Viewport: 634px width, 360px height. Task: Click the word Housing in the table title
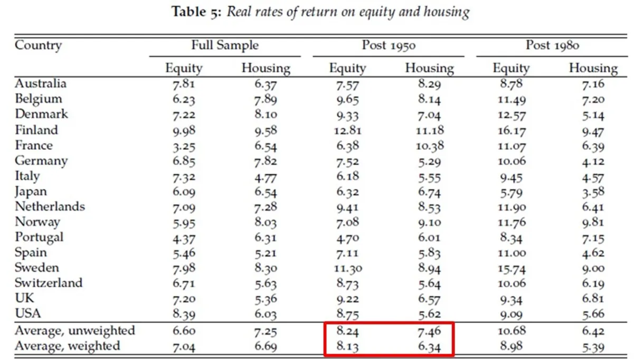tap(447, 12)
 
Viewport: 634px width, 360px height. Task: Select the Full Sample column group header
tap(225, 45)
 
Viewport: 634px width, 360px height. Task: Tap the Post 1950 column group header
tap(389, 45)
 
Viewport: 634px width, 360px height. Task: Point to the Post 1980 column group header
tap(553, 45)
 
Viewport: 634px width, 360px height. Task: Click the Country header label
tap(38, 45)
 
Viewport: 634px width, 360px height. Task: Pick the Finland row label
tap(36, 130)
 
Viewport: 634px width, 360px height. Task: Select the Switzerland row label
tap(49, 283)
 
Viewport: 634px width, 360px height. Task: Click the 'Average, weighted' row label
tap(68, 346)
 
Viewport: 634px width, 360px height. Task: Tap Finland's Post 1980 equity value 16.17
tap(512, 131)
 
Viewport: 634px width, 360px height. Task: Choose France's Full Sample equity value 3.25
tap(184, 146)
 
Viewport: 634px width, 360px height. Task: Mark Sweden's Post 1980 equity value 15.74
tap(512, 268)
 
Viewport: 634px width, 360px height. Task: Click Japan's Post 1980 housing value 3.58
tap(593, 192)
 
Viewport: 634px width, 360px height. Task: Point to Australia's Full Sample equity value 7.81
tap(184, 84)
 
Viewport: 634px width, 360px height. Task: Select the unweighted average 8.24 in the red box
tap(347, 331)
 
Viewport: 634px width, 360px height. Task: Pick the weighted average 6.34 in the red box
tap(429, 347)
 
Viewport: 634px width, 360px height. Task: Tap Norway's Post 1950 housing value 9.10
tap(429, 222)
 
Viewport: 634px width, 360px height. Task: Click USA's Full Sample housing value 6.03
tap(266, 314)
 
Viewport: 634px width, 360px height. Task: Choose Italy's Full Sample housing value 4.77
tap(266, 178)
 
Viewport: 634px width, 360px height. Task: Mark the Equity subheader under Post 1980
tap(511, 68)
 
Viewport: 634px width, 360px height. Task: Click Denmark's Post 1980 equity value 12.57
tap(512, 115)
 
